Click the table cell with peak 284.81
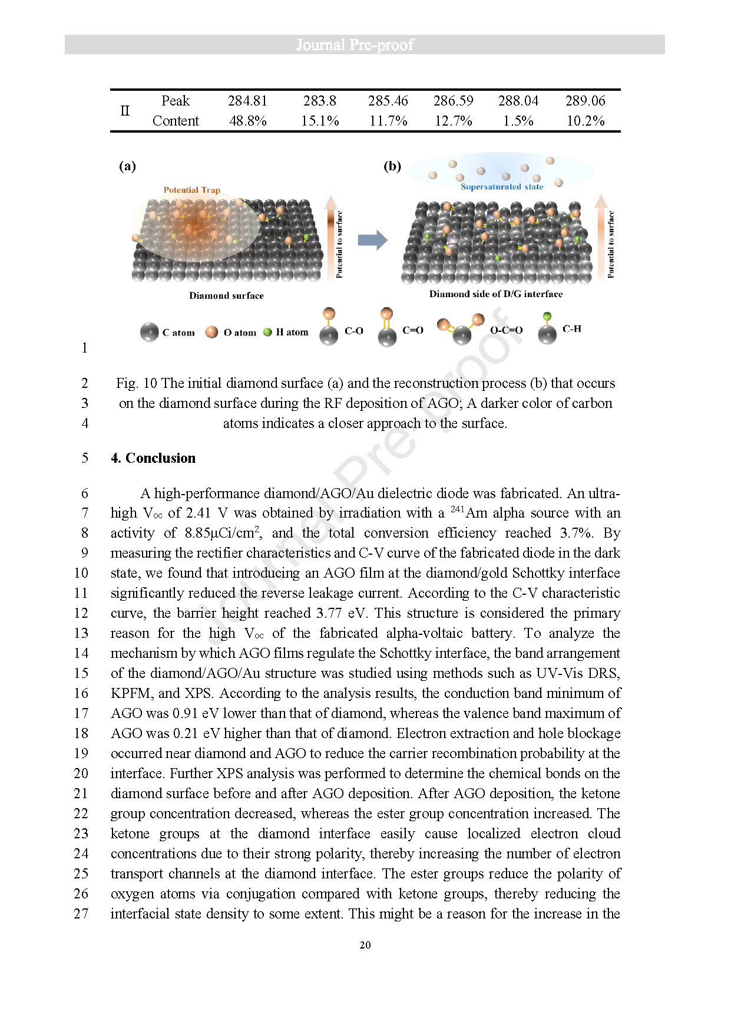click(247, 101)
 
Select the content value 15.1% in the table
click(320, 121)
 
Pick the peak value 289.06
click(585, 101)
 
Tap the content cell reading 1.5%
click(518, 121)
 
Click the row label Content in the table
click(176, 121)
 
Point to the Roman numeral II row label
click(125, 111)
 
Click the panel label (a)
click(127, 166)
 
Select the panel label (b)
click(392, 166)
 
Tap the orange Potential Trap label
click(192, 190)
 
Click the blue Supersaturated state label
click(502, 187)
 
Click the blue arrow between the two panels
click(372, 240)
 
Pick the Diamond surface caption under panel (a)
click(226, 295)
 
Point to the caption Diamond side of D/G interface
click(495, 294)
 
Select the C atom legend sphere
click(149, 332)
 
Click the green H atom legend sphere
click(267, 332)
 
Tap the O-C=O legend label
click(506, 330)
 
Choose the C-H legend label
click(571, 329)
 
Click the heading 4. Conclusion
click(153, 458)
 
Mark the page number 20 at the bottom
click(365, 945)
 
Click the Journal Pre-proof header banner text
click(355, 45)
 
